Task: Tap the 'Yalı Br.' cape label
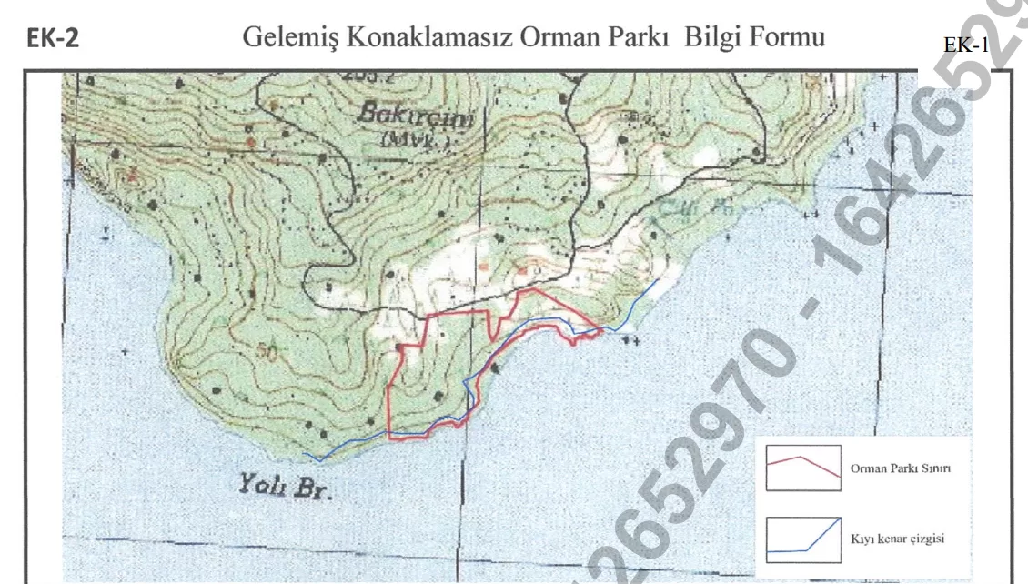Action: tap(285, 488)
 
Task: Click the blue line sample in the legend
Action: tap(801, 539)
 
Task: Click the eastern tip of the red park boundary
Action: tap(600, 330)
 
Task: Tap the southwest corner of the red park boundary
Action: tap(389, 438)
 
